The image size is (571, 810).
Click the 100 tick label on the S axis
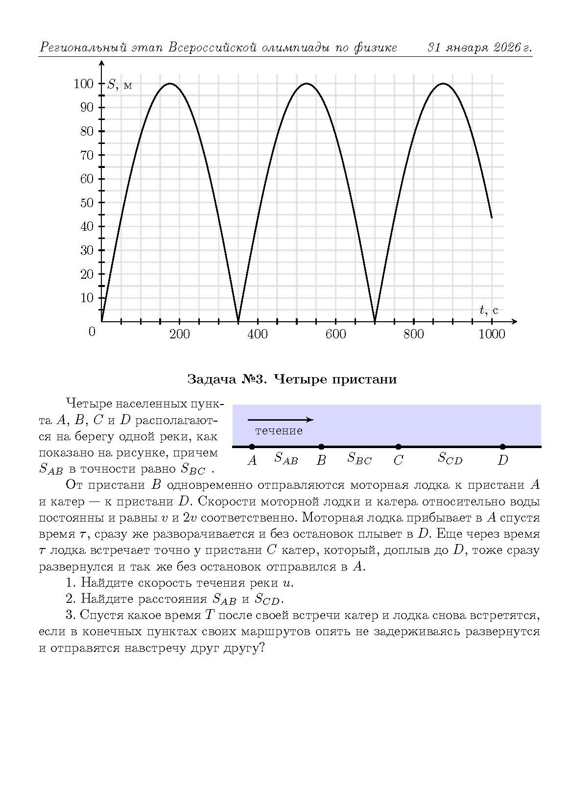[x=83, y=84]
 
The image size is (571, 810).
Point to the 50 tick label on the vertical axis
[x=87, y=203]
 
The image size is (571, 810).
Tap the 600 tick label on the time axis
[x=335, y=334]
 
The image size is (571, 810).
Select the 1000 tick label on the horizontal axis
[x=491, y=334]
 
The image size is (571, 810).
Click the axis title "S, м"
[x=119, y=85]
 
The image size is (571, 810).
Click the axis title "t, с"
[x=488, y=310]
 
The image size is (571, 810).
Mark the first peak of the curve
[x=170, y=83]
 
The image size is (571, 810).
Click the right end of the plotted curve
[x=491, y=217]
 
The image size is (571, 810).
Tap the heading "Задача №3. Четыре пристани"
[x=292, y=379]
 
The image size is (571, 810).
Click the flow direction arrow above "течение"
[x=280, y=420]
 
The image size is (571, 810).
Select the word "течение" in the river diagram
[x=279, y=431]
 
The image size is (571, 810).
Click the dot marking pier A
[x=252, y=447]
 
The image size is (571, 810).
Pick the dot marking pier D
[x=502, y=447]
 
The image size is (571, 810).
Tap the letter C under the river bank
[x=398, y=460]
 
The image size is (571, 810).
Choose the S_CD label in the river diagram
[x=450, y=459]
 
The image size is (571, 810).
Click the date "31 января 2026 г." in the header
[x=479, y=48]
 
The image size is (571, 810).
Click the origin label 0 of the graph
[x=92, y=332]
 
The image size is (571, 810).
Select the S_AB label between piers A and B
[x=286, y=458]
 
